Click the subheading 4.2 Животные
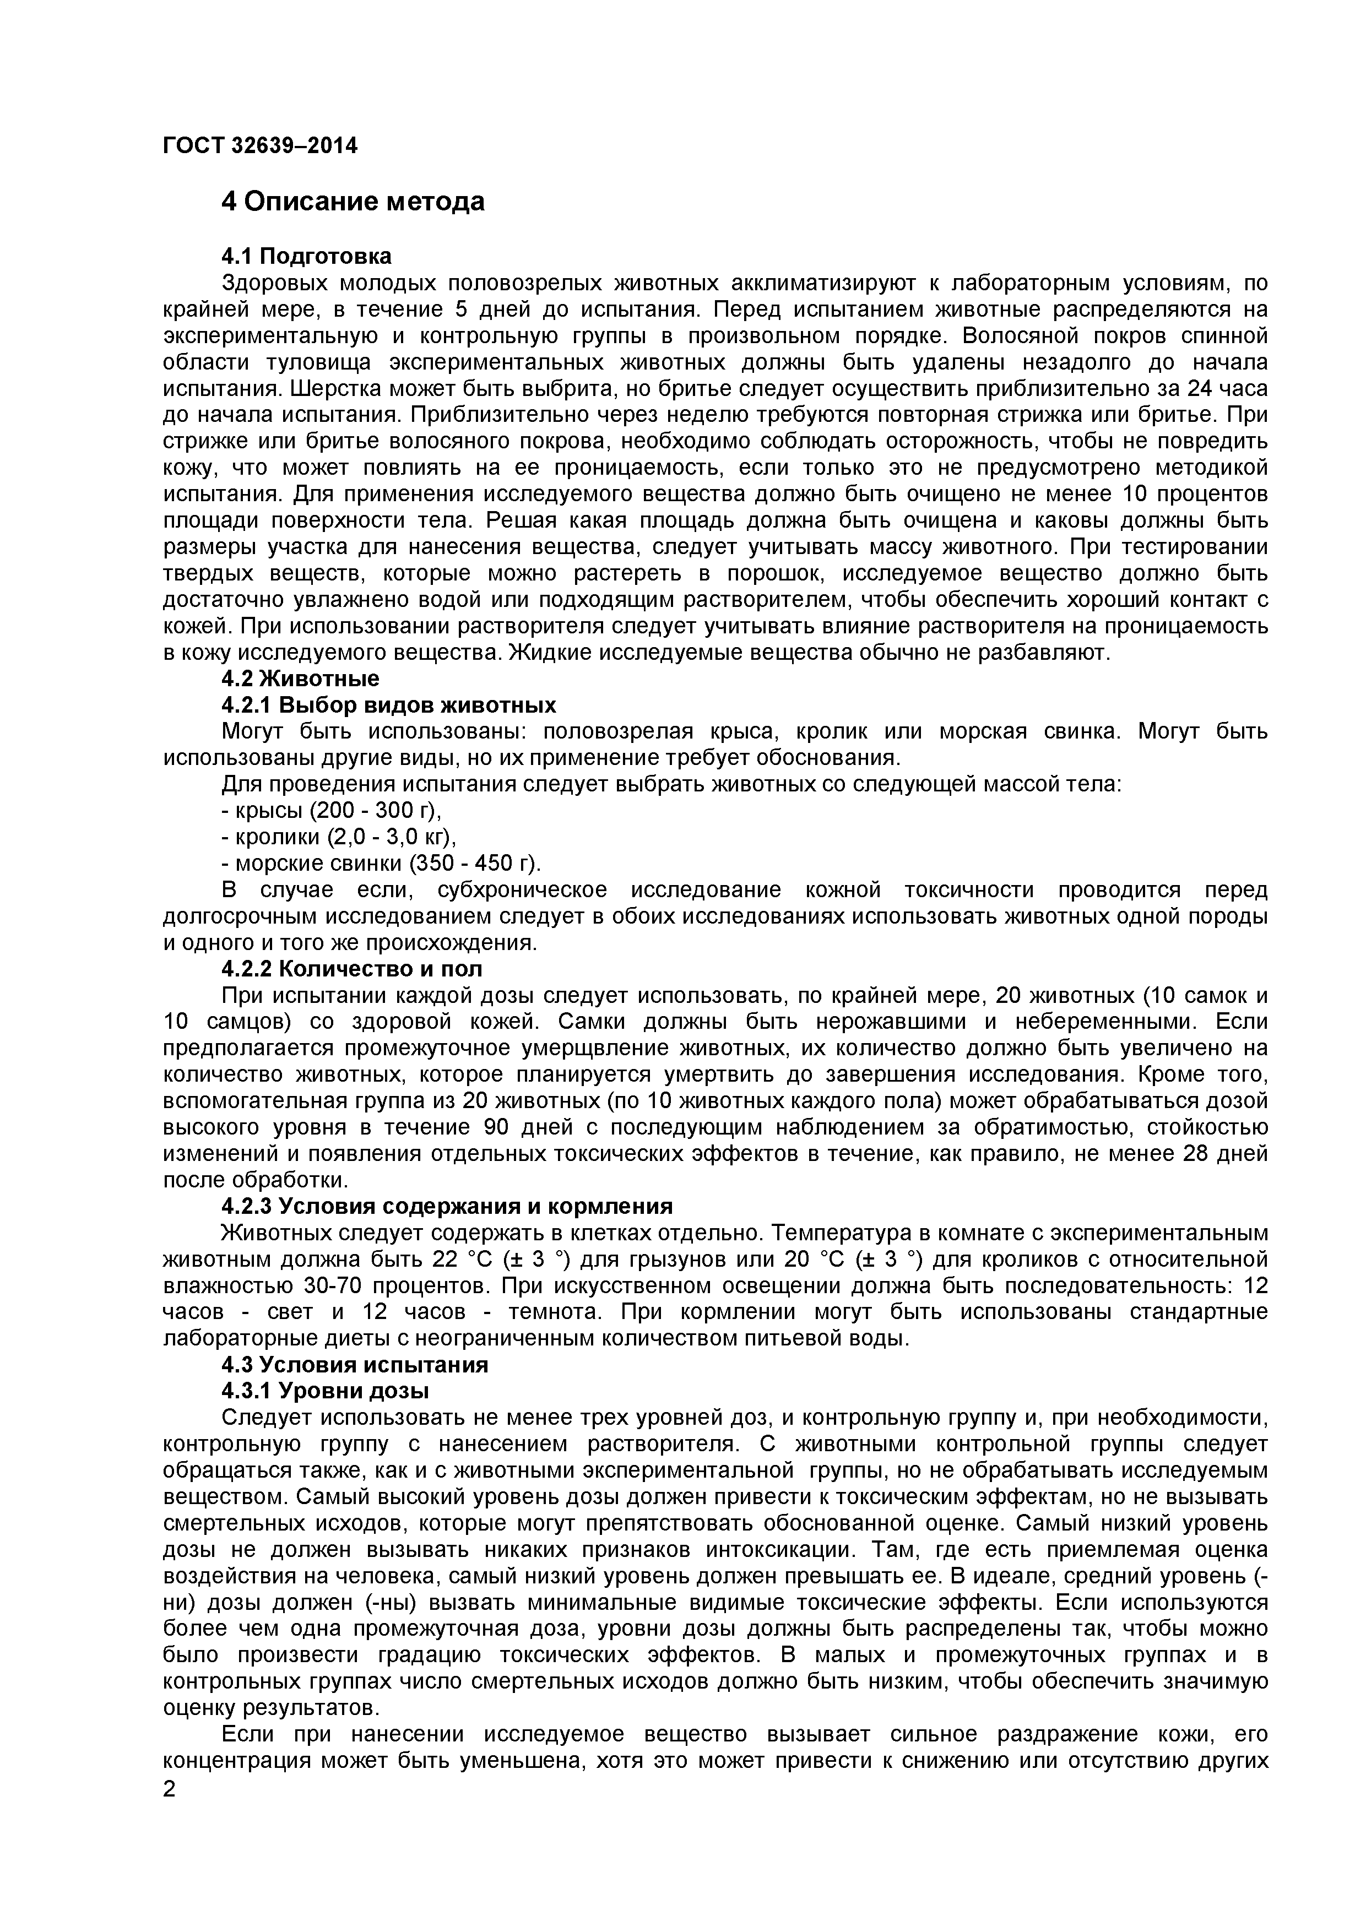tap(301, 678)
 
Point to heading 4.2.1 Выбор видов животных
tap(389, 704)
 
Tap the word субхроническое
tap(521, 890)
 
